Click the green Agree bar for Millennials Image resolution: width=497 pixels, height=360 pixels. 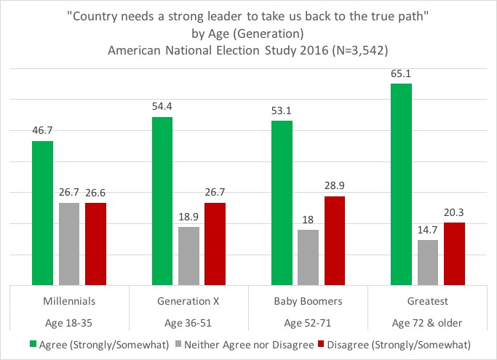pyautogui.click(x=43, y=212)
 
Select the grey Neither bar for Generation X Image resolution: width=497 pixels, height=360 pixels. pyautogui.click(x=188, y=255)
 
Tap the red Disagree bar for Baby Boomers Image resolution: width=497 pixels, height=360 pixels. pyautogui.click(x=334, y=240)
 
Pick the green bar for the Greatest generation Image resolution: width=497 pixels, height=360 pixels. pyautogui.click(x=401, y=184)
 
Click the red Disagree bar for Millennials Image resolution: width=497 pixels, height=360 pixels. pyautogui.click(x=95, y=244)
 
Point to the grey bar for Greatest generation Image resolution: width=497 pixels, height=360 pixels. pyautogui.click(x=427, y=262)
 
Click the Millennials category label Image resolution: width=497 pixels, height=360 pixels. pyautogui.click(x=69, y=300)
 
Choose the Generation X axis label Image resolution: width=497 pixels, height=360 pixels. pyautogui.click(x=188, y=300)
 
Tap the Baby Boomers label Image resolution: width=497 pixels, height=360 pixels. pyautogui.click(x=308, y=300)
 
